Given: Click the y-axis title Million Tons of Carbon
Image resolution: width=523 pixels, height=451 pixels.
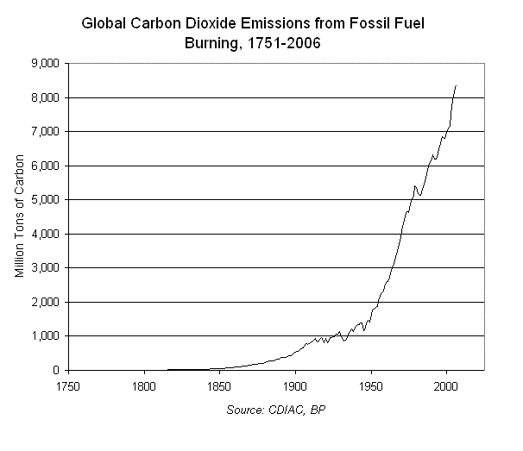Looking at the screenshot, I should coord(20,216).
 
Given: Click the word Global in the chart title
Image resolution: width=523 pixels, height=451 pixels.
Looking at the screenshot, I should coord(104,25).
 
